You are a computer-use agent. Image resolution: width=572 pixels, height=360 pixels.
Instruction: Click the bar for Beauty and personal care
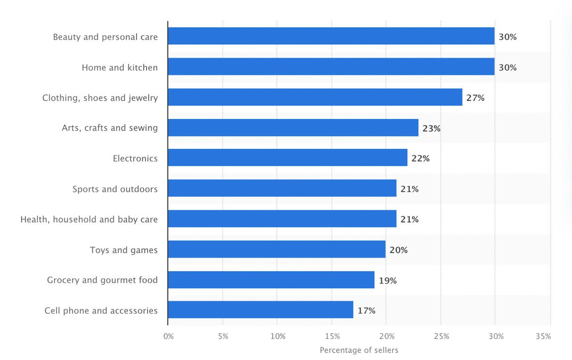pos(331,36)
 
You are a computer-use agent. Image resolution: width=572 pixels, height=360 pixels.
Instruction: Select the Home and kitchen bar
pos(331,67)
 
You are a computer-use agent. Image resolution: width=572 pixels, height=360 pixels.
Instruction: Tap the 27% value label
pos(475,97)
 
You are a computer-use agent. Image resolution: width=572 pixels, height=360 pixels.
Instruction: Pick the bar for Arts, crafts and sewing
pos(293,128)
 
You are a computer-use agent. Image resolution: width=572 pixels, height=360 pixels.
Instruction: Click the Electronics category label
pos(135,159)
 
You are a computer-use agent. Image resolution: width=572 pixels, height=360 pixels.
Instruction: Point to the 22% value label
pos(421,159)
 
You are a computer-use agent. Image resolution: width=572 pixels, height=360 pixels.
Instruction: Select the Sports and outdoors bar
pos(282,188)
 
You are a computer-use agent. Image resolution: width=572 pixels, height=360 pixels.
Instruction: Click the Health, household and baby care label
pos(89,220)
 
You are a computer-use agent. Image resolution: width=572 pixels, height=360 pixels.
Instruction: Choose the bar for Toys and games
pos(277,249)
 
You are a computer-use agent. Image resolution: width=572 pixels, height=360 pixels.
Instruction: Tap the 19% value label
pos(387,280)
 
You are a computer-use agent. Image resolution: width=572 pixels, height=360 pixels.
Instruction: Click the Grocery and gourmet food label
pos(102,280)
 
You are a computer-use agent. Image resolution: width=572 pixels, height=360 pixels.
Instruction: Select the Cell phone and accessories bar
pos(261,310)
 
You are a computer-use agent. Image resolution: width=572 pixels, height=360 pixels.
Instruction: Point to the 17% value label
pos(366,310)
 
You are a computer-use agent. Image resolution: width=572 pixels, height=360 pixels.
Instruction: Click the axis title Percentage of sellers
pos(359,351)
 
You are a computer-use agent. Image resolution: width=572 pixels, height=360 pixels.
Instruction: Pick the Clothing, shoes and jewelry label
pos(100,98)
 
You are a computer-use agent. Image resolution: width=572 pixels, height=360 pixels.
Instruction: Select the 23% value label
pos(432,128)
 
